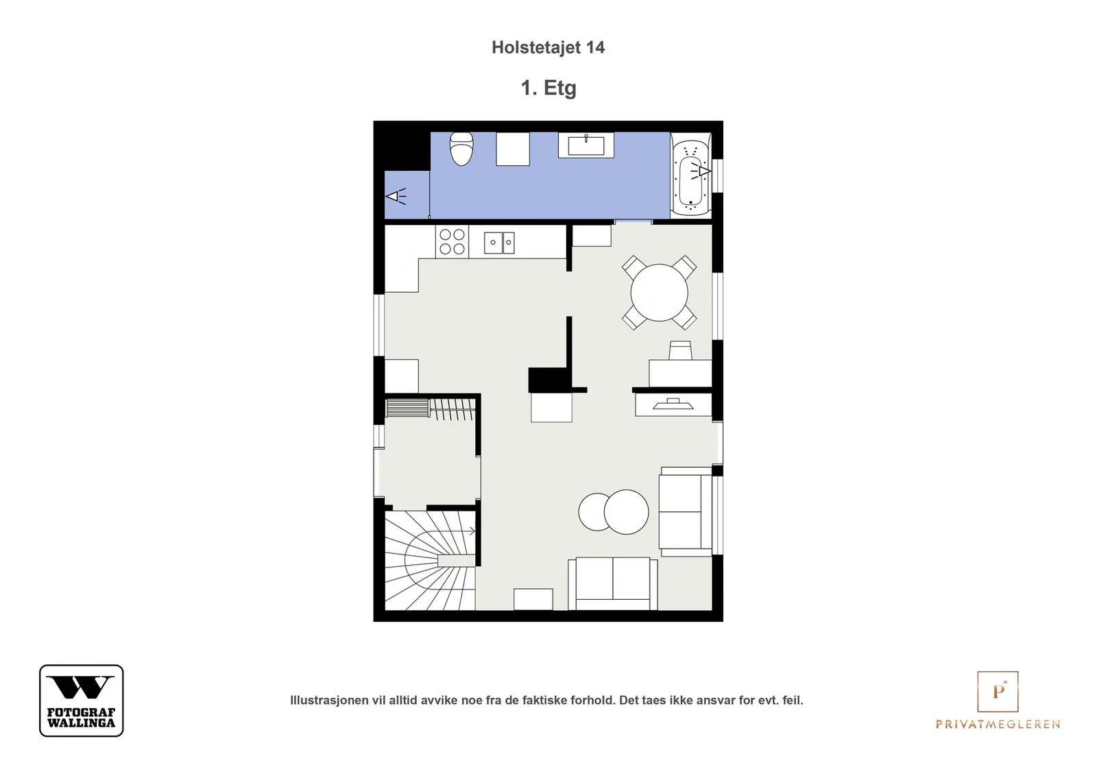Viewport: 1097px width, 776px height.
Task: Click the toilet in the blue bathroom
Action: tap(461, 149)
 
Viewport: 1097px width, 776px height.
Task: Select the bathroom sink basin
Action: tap(586, 145)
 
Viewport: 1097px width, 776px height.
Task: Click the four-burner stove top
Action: tap(452, 241)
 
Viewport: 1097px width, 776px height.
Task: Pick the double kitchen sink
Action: tap(499, 243)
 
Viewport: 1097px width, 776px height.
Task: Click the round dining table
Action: tap(659, 293)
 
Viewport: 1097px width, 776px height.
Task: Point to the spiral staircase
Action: tap(430, 560)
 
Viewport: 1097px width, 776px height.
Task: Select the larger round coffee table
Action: tap(627, 511)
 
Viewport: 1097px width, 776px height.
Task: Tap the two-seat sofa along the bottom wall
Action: tap(613, 583)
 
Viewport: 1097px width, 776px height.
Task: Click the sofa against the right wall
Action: tap(686, 511)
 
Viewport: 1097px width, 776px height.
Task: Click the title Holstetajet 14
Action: tap(548, 47)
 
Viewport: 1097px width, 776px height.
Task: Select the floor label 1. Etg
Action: tap(548, 88)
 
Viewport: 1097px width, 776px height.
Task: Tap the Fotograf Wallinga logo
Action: tap(82, 700)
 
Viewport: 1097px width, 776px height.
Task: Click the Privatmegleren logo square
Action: tap(998, 691)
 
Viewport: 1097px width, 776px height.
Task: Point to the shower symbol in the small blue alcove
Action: tap(396, 196)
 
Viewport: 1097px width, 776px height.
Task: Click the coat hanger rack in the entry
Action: tap(453, 409)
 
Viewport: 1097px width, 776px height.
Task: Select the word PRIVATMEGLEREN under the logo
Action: tap(998, 724)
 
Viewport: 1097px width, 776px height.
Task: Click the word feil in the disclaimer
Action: tap(793, 700)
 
